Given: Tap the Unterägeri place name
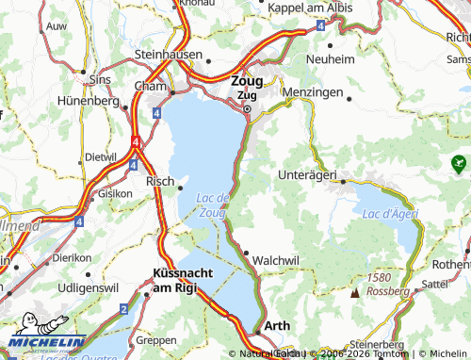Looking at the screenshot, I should click(308, 174).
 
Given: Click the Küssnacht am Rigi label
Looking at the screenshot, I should click(187, 280).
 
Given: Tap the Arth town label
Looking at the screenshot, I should click(277, 325).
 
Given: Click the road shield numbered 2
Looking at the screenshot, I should click(123, 309).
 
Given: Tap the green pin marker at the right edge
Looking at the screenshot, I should click(459, 162).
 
